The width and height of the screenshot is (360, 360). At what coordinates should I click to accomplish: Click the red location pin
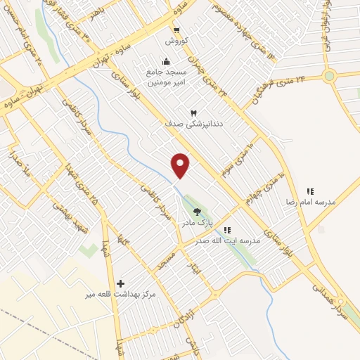pyautogui.click(x=181, y=165)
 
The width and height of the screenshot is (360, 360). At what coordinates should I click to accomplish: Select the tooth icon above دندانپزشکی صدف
pyautogui.click(x=194, y=112)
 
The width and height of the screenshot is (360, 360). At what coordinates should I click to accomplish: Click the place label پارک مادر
pyautogui.click(x=197, y=223)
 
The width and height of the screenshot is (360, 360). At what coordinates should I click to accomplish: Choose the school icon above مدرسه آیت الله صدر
pyautogui.click(x=226, y=230)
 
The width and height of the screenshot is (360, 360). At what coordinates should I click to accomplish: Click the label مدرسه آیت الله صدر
pyautogui.click(x=231, y=240)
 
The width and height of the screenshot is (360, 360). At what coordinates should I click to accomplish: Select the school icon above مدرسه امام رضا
pyautogui.click(x=309, y=191)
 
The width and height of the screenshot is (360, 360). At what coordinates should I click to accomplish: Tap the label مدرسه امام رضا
pyautogui.click(x=309, y=202)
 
